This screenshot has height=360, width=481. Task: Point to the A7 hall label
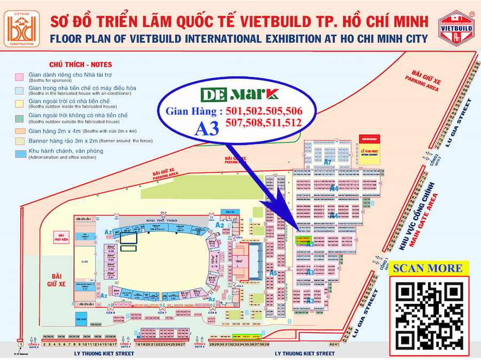tap(328, 162)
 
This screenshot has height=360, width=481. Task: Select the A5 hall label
tap(273, 273)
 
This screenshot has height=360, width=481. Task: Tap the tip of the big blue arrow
tap(298, 228)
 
